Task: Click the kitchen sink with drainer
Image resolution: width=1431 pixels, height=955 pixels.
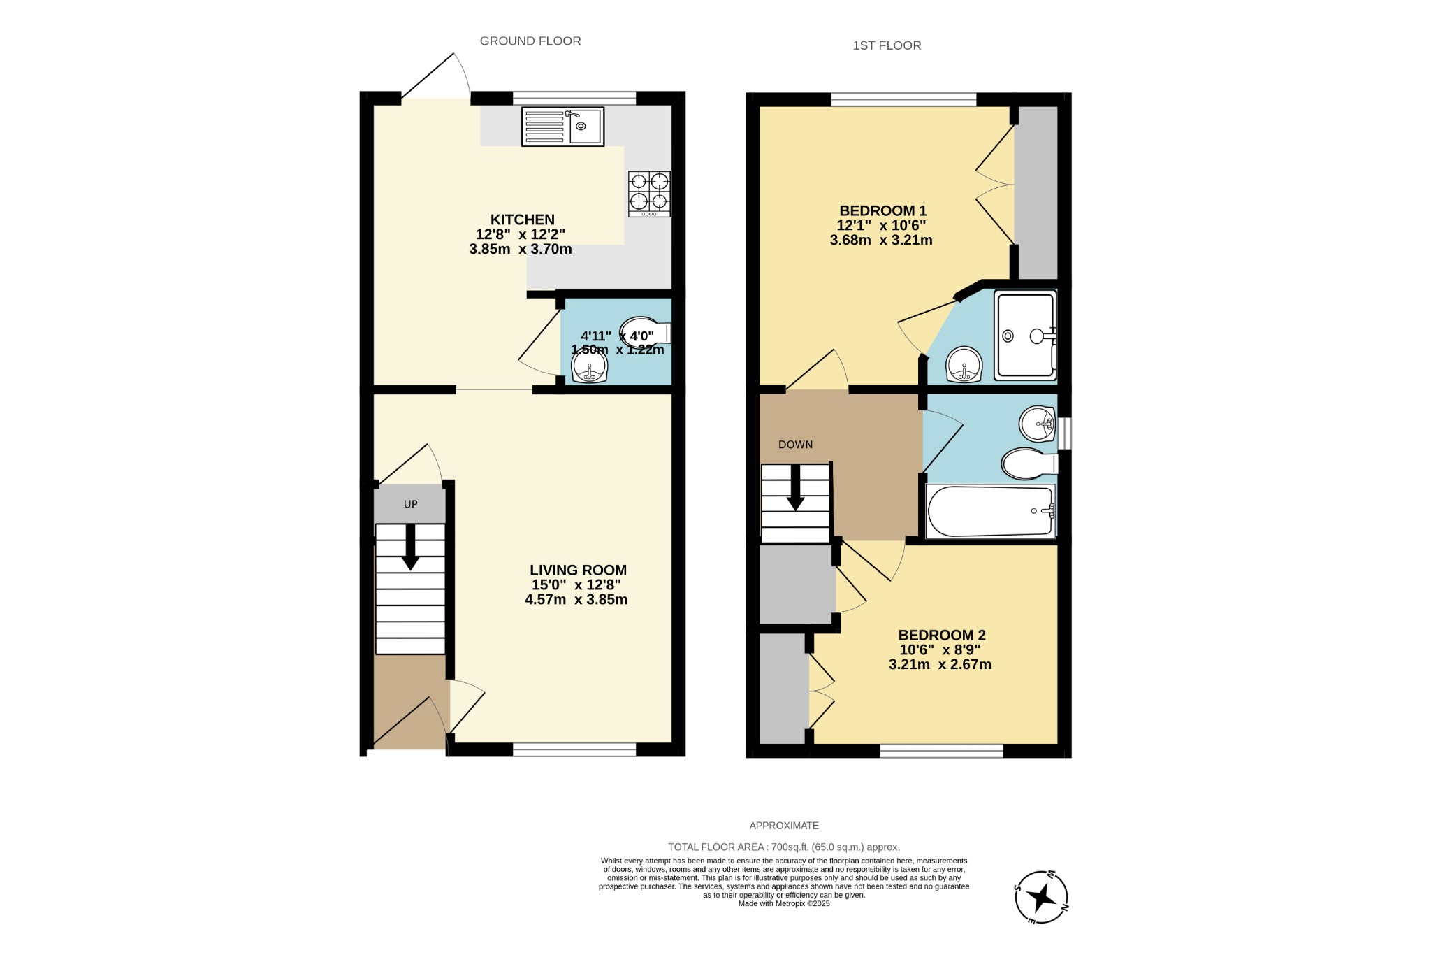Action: coord(562,127)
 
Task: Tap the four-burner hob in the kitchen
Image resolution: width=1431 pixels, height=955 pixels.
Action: coord(649,194)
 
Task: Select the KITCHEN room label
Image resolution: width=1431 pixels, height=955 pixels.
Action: coord(522,220)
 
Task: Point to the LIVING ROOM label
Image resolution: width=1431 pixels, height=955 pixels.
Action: coord(578,570)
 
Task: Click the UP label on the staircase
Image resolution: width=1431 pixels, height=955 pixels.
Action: coord(410,504)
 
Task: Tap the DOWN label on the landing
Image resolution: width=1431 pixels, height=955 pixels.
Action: coord(795,445)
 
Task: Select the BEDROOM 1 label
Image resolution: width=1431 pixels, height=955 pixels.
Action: coord(882,210)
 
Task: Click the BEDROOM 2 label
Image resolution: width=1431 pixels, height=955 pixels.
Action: coord(941,635)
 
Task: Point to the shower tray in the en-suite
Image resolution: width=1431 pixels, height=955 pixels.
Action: coord(1025,336)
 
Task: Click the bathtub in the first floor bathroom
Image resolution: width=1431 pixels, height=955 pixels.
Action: coord(990,511)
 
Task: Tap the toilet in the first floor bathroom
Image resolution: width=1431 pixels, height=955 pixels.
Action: coord(1028,464)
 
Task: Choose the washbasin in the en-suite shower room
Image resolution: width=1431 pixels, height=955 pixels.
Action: coord(964,364)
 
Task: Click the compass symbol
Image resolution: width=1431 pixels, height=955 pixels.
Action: coord(1041,897)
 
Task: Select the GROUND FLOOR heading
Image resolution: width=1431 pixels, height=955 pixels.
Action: coord(530,41)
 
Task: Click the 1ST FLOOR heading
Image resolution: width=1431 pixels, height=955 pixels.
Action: coord(887,45)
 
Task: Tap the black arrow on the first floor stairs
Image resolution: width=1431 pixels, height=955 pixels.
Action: coord(795,489)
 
